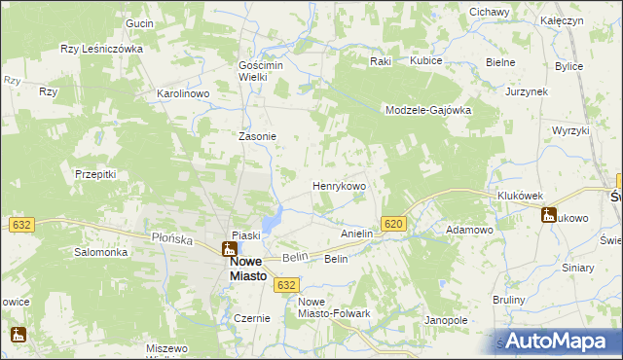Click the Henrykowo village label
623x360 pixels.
(x=338, y=185)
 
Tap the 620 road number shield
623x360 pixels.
(x=393, y=224)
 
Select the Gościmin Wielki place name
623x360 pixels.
(x=260, y=71)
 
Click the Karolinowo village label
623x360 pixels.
(x=184, y=94)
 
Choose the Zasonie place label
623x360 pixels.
(x=258, y=137)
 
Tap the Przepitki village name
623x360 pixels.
(x=95, y=174)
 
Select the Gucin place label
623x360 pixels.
(x=140, y=22)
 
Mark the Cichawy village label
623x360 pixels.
(x=490, y=12)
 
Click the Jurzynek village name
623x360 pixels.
(x=527, y=91)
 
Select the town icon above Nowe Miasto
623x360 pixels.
(x=228, y=249)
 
